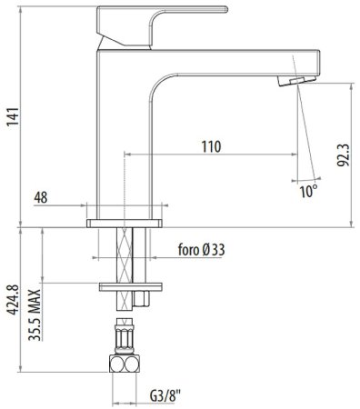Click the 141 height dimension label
tap(12, 115)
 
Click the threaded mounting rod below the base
tap(125, 254)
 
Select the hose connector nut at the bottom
tap(125, 364)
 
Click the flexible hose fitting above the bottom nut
tap(125, 336)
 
